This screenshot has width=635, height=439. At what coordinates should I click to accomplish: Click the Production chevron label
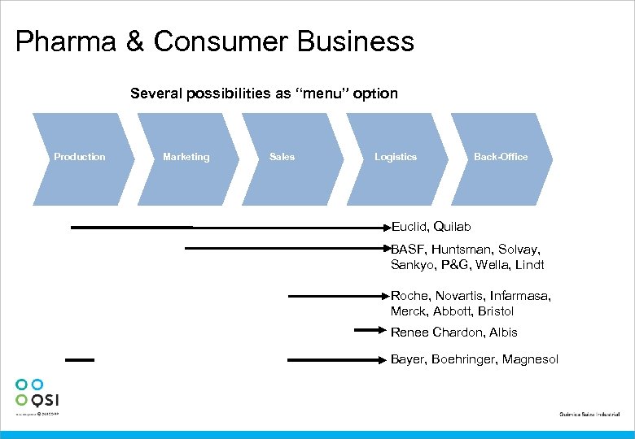pyautogui.click(x=79, y=157)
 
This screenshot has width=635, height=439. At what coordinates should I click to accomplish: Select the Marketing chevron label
pyautogui.click(x=186, y=157)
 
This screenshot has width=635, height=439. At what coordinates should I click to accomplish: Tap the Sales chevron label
pyautogui.click(x=282, y=157)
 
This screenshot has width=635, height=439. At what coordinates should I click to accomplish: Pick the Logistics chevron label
pyautogui.click(x=395, y=157)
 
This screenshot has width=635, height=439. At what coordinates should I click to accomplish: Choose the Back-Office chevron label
pyautogui.click(x=501, y=157)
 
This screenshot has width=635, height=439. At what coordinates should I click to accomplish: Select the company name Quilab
pyautogui.click(x=453, y=227)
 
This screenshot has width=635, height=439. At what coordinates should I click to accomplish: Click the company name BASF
pyautogui.click(x=407, y=250)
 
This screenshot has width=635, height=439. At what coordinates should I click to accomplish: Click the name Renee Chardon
pyautogui.click(x=436, y=333)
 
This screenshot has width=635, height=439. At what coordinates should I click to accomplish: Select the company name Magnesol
pyautogui.click(x=530, y=359)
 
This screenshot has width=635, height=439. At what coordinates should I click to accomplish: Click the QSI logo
pyautogui.click(x=37, y=393)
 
